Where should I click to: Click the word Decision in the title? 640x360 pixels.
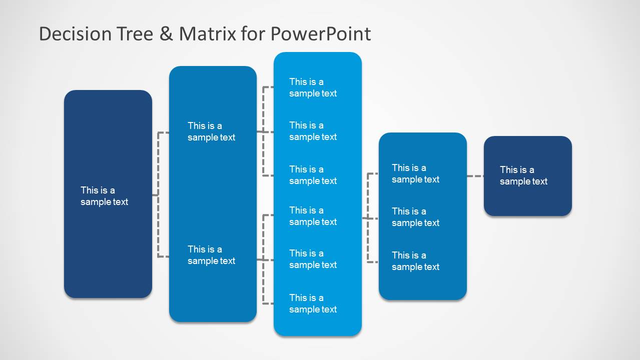pyautogui.click(x=75, y=34)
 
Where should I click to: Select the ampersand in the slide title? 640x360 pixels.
pyautogui.click(x=168, y=34)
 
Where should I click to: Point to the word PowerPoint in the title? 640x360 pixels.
pyautogui.click(x=320, y=34)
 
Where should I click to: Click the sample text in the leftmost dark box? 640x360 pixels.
pyautogui.click(x=104, y=196)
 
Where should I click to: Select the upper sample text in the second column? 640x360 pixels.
pyautogui.click(x=211, y=131)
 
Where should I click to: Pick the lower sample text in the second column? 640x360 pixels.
pyautogui.click(x=211, y=255)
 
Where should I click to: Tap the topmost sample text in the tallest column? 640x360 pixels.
pyautogui.click(x=313, y=87)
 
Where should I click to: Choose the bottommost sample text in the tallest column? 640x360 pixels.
pyautogui.click(x=313, y=303)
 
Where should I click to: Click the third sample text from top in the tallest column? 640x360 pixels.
pyautogui.click(x=313, y=175)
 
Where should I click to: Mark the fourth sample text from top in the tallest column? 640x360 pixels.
pyautogui.click(x=313, y=216)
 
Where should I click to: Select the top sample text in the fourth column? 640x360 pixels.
pyautogui.click(x=415, y=173)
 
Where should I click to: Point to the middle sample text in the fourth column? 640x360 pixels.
pyautogui.click(x=415, y=217)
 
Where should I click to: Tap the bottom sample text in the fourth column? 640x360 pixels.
pyautogui.click(x=415, y=261)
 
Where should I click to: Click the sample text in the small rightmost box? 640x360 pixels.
pyautogui.click(x=523, y=175)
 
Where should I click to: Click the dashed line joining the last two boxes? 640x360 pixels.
pyautogui.click(x=475, y=176)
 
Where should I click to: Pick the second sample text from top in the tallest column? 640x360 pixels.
pyautogui.click(x=313, y=131)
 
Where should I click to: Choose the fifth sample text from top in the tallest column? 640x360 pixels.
pyautogui.click(x=313, y=259)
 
